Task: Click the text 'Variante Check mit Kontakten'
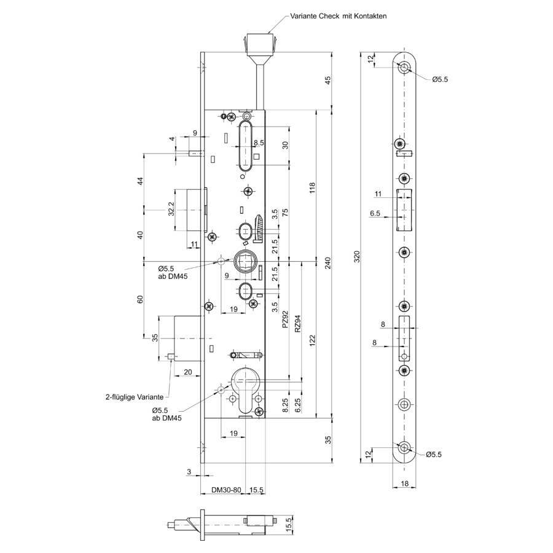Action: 338,16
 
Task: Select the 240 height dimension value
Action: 327,264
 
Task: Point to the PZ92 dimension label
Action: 285,319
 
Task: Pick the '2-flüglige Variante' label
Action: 135,397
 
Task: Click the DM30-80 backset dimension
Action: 226,490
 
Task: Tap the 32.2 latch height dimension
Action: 171,209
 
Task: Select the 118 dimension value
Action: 312,188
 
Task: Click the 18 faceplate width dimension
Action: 404,484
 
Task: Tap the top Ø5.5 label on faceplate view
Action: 440,79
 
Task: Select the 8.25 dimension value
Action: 285,405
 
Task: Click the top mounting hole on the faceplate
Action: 404,67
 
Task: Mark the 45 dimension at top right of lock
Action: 327,80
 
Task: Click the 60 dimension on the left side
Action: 140,299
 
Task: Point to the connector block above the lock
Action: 259,47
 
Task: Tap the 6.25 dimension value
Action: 297,405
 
